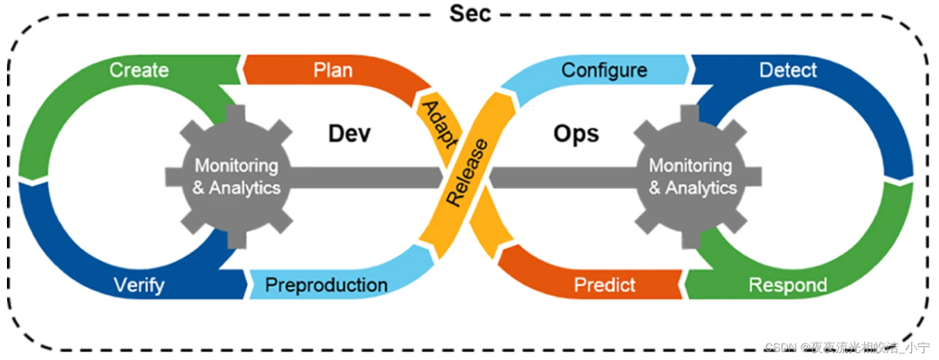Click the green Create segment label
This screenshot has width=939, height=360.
(139, 70)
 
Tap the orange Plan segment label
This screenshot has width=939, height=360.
(333, 70)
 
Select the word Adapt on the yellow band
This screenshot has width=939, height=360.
(436, 123)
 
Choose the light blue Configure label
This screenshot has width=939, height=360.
(604, 70)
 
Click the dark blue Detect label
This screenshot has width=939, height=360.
(788, 70)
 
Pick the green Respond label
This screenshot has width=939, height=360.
(788, 284)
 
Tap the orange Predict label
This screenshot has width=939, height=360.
(605, 284)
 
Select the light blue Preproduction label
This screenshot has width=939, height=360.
(326, 284)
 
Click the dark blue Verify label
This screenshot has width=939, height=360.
(139, 284)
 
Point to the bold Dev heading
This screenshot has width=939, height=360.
(350, 133)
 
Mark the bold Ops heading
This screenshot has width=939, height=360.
(576, 133)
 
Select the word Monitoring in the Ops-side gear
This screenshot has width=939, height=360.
(692, 165)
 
